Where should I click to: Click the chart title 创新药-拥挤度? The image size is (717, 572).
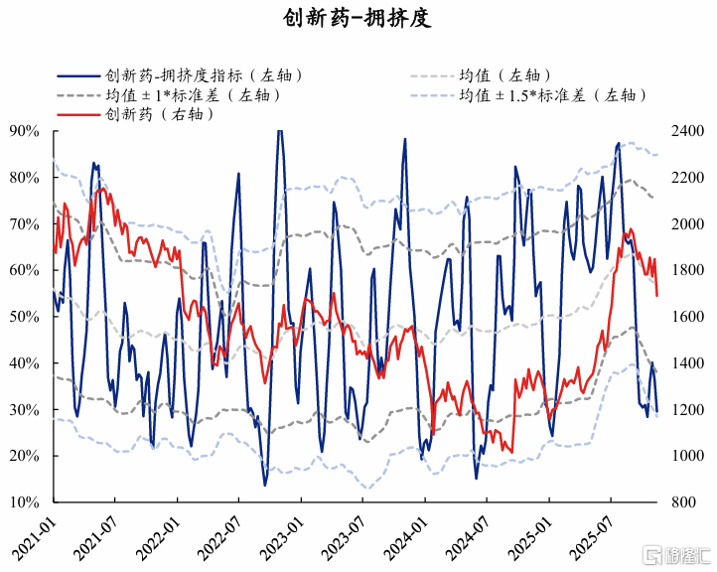[x=358, y=19]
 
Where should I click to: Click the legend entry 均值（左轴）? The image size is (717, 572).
[x=503, y=75]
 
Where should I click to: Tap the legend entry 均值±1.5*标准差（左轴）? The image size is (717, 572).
[x=552, y=95]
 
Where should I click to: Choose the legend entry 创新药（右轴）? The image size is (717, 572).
[x=160, y=115]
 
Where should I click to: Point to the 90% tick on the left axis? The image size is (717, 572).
[x=24, y=131]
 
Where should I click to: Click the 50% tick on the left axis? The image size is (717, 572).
[x=24, y=317]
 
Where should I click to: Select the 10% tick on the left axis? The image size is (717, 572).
[x=24, y=502]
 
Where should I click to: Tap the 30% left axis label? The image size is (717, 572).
[x=24, y=410]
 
